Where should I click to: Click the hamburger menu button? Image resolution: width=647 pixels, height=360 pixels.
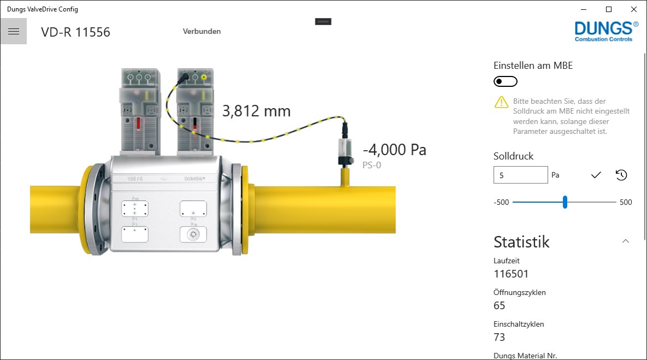tap(14, 31)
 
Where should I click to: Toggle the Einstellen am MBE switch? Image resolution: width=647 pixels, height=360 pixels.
tap(505, 81)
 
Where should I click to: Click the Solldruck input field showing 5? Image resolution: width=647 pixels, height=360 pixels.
tap(521, 175)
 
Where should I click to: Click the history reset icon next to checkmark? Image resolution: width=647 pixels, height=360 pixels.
tap(621, 175)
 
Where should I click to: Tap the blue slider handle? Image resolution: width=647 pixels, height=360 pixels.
tap(565, 202)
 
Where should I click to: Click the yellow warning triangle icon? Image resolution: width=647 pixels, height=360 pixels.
tap(501, 102)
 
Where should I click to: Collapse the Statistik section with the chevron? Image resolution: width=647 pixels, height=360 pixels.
tap(626, 241)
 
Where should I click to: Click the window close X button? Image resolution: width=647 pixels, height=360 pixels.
tap(634, 9)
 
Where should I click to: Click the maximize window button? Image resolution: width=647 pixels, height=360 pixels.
tap(609, 9)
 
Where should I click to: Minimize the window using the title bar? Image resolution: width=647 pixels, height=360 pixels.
tap(584, 9)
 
